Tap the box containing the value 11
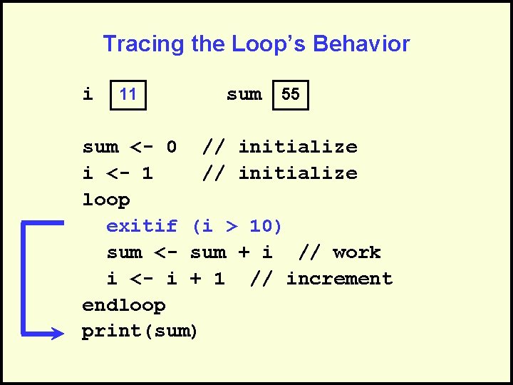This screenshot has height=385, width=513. [128, 94]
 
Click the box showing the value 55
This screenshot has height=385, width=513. [291, 94]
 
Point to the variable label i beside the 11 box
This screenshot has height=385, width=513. [88, 94]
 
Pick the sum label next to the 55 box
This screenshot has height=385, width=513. [244, 94]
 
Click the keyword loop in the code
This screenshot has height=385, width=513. [106, 200]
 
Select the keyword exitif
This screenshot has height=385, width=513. [142, 226]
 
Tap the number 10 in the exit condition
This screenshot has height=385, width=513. [261, 226]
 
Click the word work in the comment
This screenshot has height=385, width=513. [356, 252]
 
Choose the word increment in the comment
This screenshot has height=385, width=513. [339, 279]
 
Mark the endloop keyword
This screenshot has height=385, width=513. [124, 305]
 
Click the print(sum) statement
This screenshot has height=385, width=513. [140, 332]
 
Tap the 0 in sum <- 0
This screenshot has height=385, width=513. [171, 148]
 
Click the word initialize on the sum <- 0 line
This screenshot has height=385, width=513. [297, 148]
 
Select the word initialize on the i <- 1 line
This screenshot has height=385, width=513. [297, 173]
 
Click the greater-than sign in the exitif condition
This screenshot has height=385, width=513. [231, 227]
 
